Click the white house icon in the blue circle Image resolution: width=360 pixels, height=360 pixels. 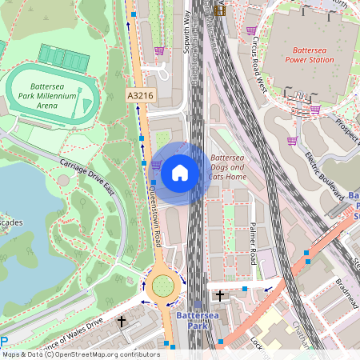point(180,172)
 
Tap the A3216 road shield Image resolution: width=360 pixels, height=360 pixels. point(140,95)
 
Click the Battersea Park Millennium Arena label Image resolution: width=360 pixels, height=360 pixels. point(52,96)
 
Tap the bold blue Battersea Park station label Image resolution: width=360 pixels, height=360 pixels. point(197,321)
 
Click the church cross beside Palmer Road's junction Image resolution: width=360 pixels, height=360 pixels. point(220,296)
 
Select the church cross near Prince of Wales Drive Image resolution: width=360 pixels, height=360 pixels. point(122,322)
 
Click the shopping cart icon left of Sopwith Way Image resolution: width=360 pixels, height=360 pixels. point(159,51)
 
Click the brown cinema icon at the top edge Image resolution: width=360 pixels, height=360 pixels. point(219,10)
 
